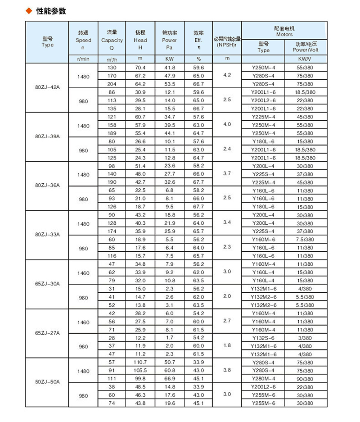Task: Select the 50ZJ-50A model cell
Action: pos(47,382)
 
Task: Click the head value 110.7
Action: pos(140,362)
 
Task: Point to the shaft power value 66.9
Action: pos(170,378)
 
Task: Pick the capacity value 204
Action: pos(112,84)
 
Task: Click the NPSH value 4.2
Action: pos(227,75)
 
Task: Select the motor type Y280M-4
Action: pos(263,378)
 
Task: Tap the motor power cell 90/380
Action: pos(306,378)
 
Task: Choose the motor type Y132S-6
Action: pos(263,337)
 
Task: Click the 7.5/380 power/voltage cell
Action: pos(306,239)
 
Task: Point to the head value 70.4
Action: pos(140,68)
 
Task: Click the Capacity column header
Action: pos(112,40)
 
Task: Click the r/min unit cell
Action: pos(83,59)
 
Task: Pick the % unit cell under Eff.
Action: pos(198,59)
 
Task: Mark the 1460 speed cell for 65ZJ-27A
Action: pos(83,322)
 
